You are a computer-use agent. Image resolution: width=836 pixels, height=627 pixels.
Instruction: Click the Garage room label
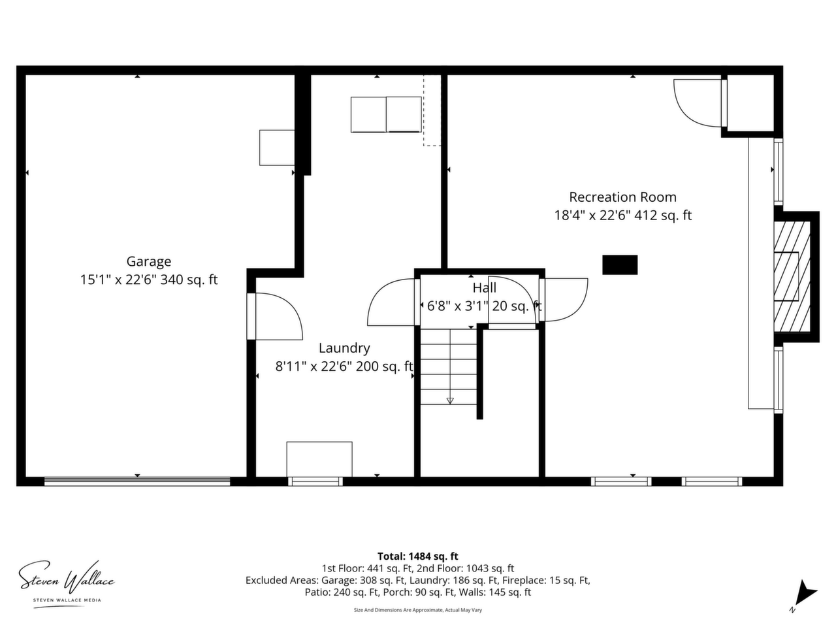[x=148, y=261]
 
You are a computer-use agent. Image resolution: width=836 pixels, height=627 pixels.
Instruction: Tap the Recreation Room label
[x=622, y=197]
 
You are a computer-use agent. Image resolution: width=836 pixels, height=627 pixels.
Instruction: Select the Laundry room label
[x=344, y=348]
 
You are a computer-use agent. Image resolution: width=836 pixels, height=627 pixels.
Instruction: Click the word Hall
[x=484, y=288]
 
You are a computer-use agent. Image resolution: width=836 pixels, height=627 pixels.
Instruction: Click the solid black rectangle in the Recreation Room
[x=620, y=265]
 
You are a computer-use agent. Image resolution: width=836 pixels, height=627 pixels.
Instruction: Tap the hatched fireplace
[x=792, y=276]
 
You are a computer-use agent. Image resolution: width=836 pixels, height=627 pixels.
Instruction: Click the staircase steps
[x=448, y=366]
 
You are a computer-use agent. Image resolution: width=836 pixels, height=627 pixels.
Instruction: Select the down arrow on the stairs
[x=450, y=400]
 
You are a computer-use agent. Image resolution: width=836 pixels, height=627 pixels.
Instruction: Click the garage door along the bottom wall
[x=137, y=481]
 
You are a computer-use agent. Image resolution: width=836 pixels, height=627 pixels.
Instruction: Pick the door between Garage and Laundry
[x=275, y=316]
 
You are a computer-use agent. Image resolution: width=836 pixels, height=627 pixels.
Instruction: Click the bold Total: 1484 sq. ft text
[x=418, y=556]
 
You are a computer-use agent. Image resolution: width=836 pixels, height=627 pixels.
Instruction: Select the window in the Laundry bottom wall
[x=315, y=481]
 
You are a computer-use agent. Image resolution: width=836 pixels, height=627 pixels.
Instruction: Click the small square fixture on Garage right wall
[x=277, y=148]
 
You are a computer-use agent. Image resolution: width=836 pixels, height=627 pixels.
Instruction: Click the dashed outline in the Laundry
[x=432, y=110]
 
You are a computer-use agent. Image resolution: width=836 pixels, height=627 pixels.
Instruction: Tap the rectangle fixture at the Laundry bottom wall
[x=319, y=459]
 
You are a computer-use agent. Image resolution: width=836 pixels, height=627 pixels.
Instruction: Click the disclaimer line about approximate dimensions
[x=418, y=610]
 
